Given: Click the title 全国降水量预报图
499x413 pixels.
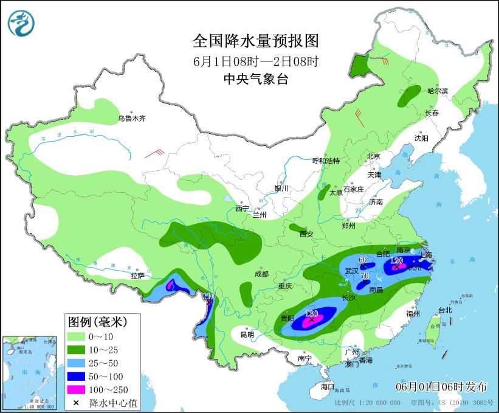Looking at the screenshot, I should click(255, 41).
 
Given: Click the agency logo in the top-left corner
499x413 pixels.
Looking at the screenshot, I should click(21, 23).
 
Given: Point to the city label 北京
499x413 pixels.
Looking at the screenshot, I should click(373, 156).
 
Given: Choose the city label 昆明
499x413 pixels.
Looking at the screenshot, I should click(247, 335).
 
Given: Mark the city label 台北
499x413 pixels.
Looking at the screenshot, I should click(445, 310).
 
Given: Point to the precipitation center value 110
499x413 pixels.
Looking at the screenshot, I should click(208, 296).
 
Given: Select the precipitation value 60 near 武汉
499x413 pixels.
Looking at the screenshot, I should click(363, 260).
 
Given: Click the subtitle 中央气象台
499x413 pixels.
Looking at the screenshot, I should click(255, 78).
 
